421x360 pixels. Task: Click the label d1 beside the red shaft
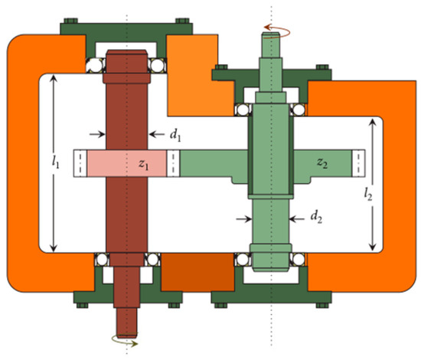[x=175, y=136]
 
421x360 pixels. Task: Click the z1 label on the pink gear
[x=144, y=165]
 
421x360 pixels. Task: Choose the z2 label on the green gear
[x=322, y=163]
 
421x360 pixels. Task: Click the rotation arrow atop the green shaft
[x=276, y=31]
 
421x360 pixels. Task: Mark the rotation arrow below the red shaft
[x=125, y=341]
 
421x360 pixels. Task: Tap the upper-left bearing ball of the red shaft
[x=95, y=65]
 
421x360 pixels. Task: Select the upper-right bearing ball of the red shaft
[x=158, y=65]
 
